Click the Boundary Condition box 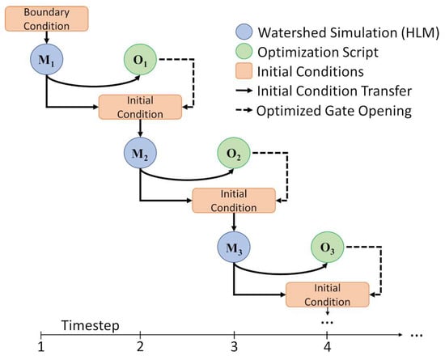pos(47,19)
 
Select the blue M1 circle pos(47,59)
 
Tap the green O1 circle pos(140,59)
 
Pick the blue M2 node pos(140,153)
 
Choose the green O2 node pos(234,153)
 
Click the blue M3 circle pos(234,247)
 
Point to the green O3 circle pos(327,247)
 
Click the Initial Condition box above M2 pos(140,107)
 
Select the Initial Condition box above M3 pos(234,201)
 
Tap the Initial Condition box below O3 pos(328,294)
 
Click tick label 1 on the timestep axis pos(41,347)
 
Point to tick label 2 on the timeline pos(140,347)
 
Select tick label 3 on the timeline pos(234,347)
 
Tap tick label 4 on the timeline pos(327,347)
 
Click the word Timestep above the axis pos(91,325)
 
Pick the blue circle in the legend pos(244,32)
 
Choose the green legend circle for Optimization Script pos(244,52)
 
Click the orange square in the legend pos(244,70)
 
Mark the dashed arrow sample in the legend pos(244,110)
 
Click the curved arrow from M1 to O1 pos(94,86)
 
